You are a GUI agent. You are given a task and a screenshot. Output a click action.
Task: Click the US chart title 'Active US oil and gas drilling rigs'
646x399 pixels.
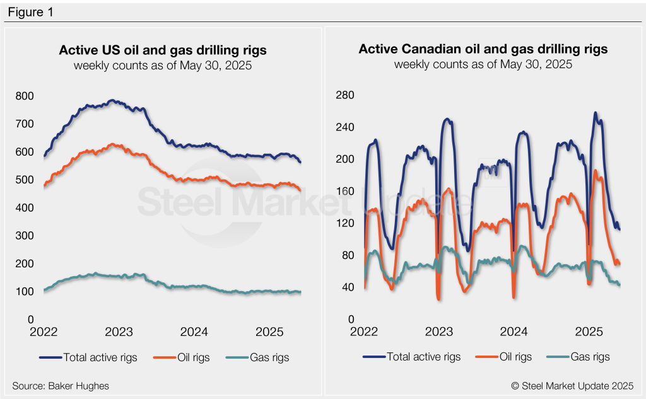pyautogui.click(x=163, y=50)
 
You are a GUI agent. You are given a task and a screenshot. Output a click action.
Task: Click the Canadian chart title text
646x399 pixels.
pyautogui.click(x=483, y=49)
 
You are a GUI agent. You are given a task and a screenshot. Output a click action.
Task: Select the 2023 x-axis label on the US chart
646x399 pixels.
pyautogui.click(x=118, y=332)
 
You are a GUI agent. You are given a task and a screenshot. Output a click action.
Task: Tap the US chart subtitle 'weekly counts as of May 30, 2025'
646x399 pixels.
pyautogui.click(x=163, y=65)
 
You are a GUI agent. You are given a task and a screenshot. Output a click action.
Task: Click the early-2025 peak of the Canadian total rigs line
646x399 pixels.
pyautogui.click(x=596, y=113)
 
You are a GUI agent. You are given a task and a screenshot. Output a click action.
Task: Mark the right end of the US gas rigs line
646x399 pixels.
pyautogui.click(x=300, y=292)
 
